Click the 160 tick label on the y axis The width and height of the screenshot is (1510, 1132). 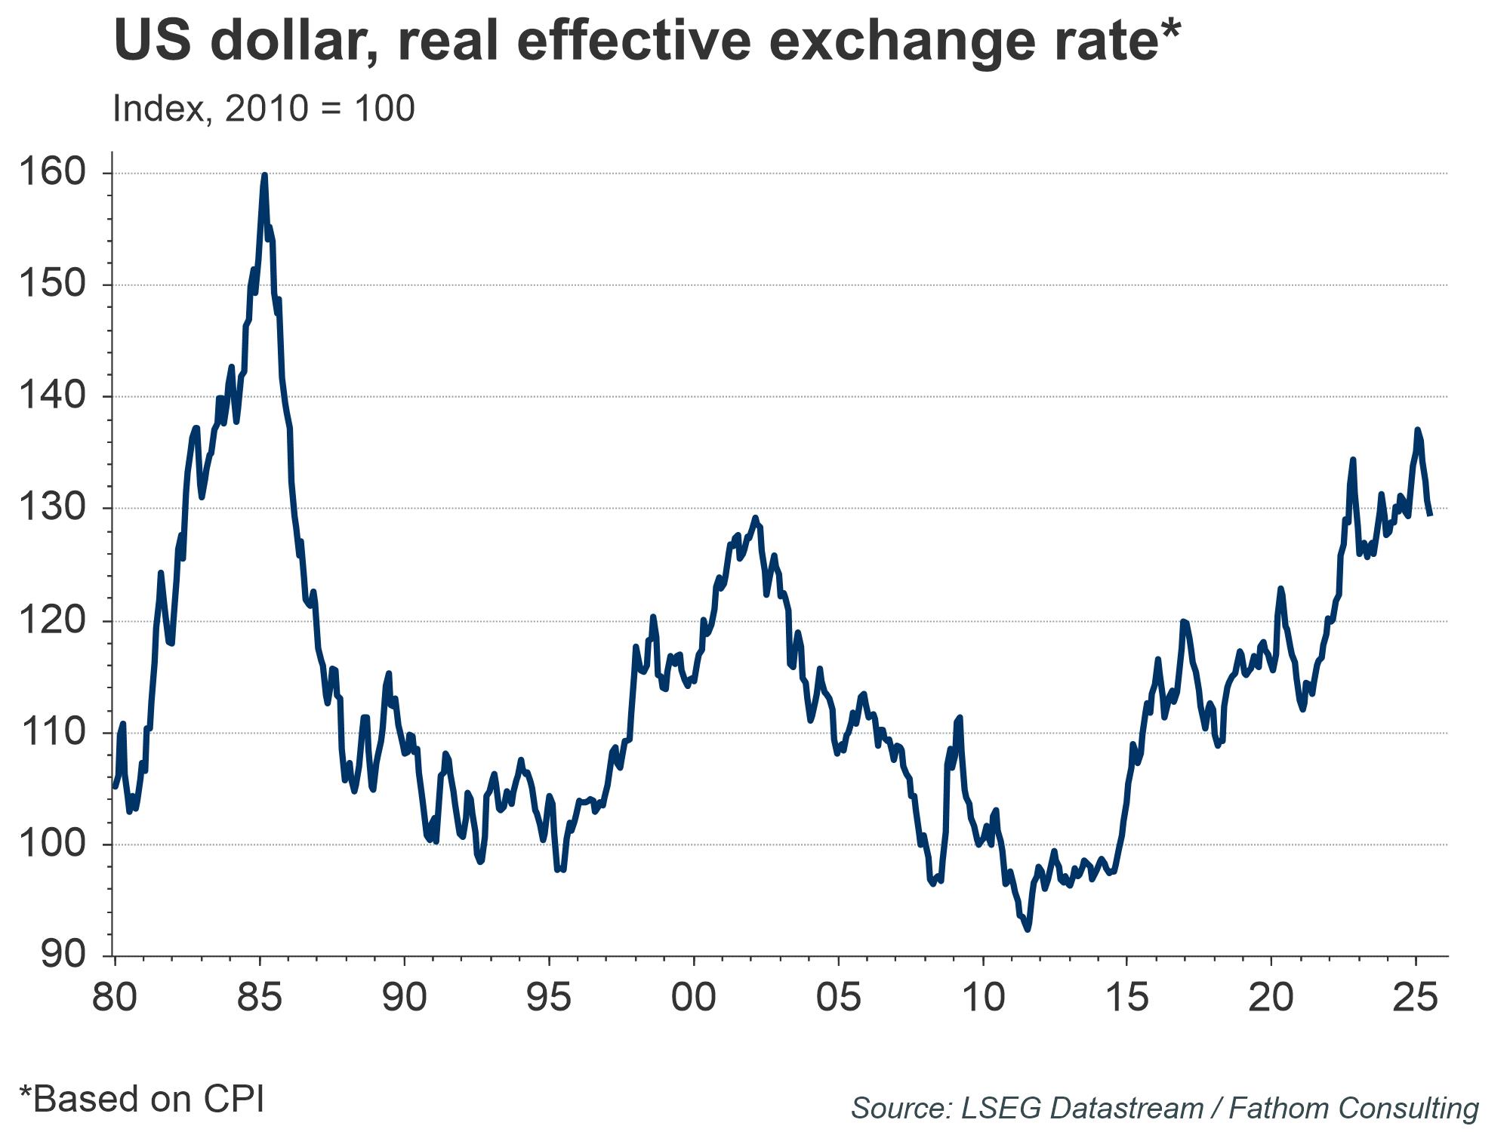(x=52, y=173)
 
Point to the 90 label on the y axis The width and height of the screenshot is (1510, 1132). (x=63, y=955)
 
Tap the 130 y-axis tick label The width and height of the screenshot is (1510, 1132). (x=52, y=508)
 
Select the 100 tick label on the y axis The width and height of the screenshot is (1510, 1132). (x=52, y=844)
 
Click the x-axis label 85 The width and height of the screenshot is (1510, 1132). (x=259, y=998)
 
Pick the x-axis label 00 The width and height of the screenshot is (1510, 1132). (x=693, y=998)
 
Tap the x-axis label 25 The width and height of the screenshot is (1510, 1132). (x=1415, y=998)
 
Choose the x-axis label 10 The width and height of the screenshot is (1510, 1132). (x=983, y=998)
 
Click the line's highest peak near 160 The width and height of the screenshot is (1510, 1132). (x=264, y=175)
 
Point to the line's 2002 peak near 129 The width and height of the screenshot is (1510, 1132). (x=755, y=518)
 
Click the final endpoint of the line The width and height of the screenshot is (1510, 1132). (x=1431, y=515)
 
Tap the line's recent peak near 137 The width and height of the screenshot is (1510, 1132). (x=1417, y=429)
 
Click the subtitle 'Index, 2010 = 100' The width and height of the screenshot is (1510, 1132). (x=263, y=109)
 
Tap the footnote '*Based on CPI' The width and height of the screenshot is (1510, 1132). (x=142, y=1100)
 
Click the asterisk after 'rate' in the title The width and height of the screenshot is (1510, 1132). (x=1169, y=30)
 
